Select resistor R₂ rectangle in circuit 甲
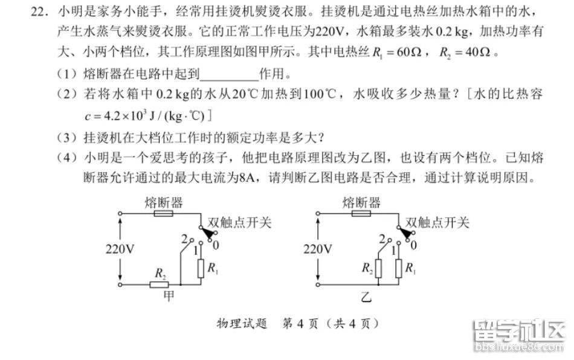[x=159, y=284]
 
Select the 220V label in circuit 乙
[x=318, y=249]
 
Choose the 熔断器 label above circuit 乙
[x=361, y=202]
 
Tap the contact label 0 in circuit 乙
[x=414, y=245]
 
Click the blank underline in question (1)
[x=228, y=75]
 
